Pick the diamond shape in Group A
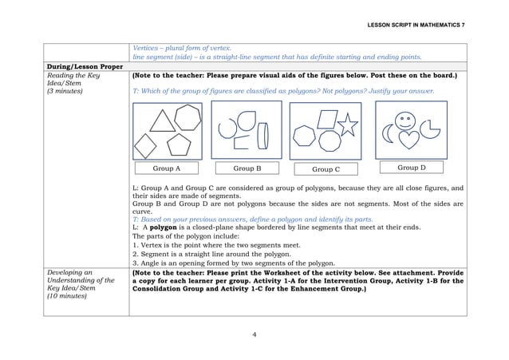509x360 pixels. pyautogui.click(x=147, y=145)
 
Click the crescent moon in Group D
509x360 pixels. pyautogui.click(x=388, y=137)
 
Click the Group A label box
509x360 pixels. pyautogui.click(x=166, y=168)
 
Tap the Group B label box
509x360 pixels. pyautogui.click(x=247, y=168)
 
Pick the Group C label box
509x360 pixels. pyautogui.click(x=326, y=169)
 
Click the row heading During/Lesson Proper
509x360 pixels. pyautogui.click(x=82, y=66)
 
